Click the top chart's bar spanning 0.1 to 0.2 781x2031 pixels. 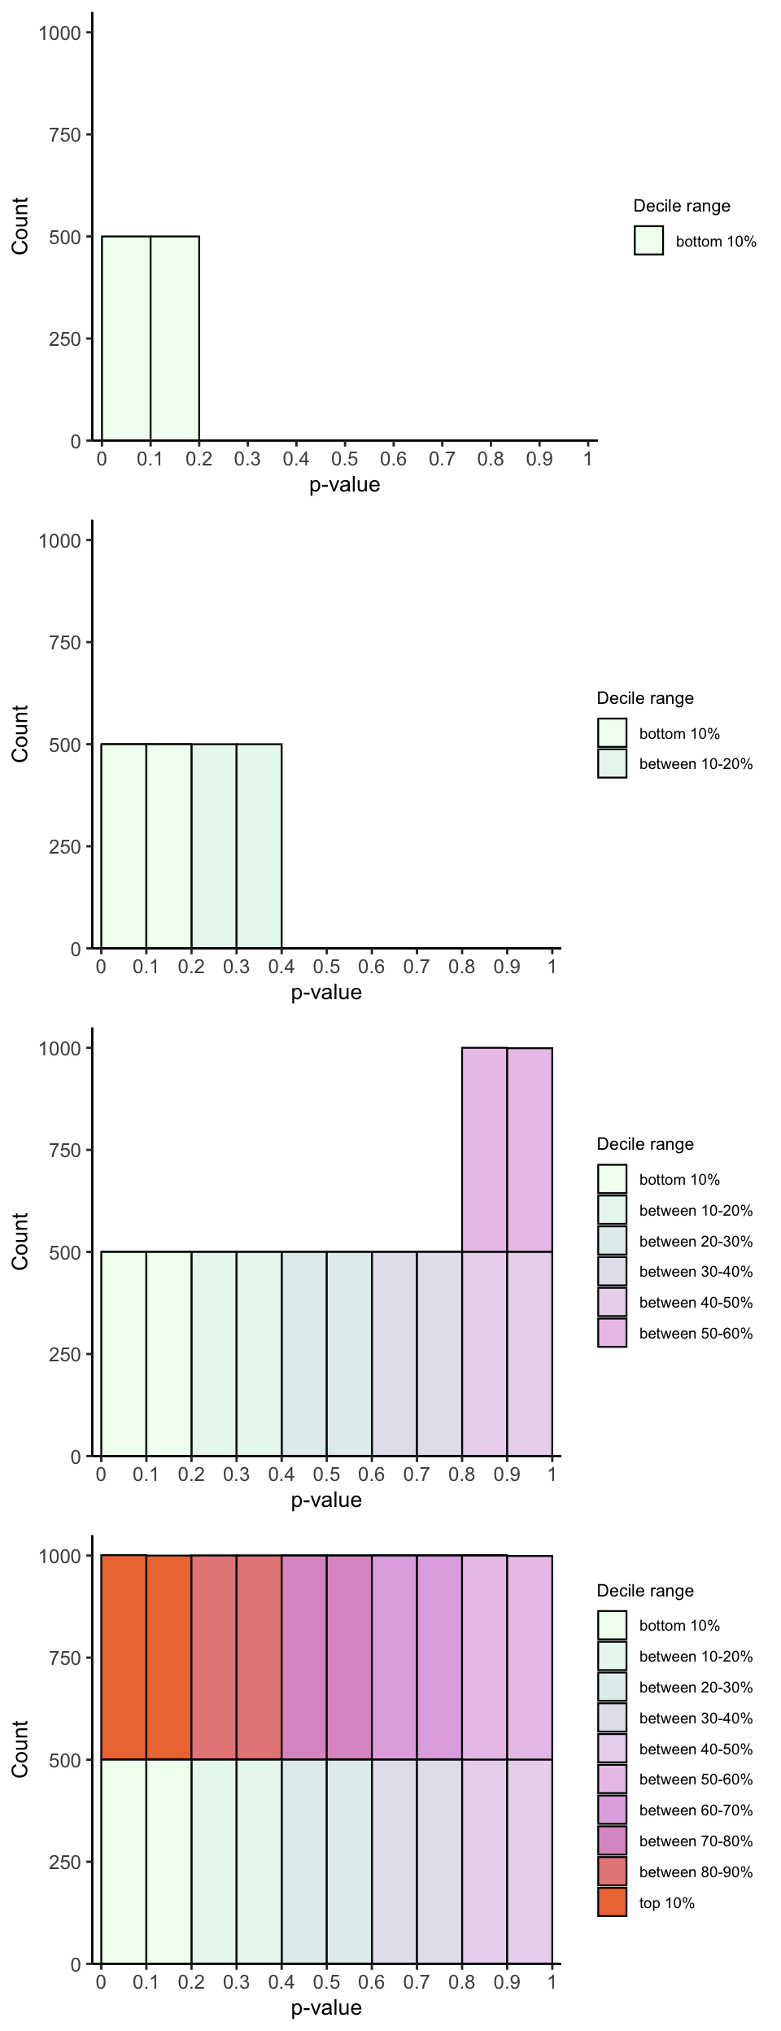pos(175,338)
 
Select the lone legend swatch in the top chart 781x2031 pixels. pos(648,241)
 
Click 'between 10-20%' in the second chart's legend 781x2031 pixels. pos(696,764)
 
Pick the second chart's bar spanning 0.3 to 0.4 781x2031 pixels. pos(259,846)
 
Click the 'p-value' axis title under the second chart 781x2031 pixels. pos(326,993)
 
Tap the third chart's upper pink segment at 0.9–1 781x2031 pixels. pos(530,1150)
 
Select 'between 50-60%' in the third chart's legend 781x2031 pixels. pos(696,1334)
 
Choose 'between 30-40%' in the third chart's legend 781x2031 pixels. pos(696,1272)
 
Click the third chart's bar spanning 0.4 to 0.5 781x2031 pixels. pos(304,1354)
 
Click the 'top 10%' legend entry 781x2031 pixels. pos(666,1903)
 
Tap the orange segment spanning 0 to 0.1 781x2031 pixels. pos(124,1658)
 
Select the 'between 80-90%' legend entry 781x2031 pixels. pos(696,1872)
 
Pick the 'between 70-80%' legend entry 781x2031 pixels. pos(696,1841)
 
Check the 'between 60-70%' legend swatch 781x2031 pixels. pos(612,1810)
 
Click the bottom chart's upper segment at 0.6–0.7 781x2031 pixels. pos(395,1658)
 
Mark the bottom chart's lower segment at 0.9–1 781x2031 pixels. pos(530,1862)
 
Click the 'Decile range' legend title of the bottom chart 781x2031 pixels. pos(645,1591)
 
